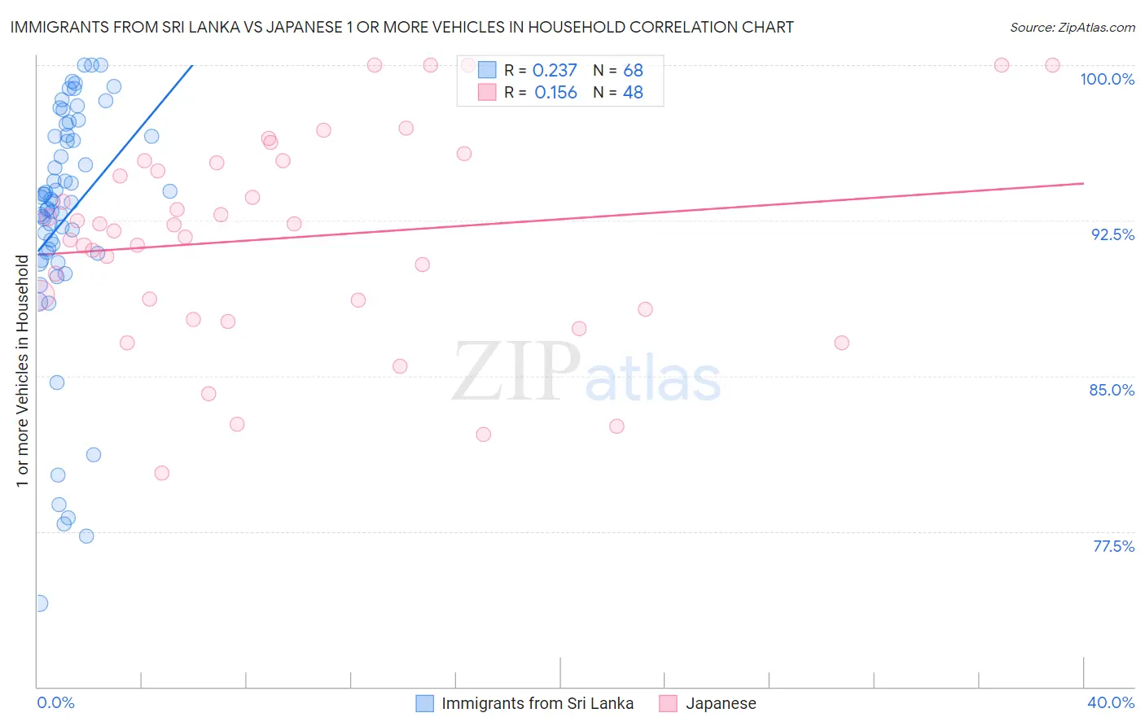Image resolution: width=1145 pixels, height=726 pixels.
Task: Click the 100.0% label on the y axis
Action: [x=1107, y=79]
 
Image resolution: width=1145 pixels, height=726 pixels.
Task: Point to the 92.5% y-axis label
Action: [x=1112, y=234]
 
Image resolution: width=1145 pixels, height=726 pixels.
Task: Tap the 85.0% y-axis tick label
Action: [x=1112, y=390]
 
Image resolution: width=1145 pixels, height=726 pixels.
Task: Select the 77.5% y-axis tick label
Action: [x=1113, y=546]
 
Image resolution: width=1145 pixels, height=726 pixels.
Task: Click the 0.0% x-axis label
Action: [x=55, y=702]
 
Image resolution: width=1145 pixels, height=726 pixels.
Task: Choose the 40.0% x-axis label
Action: [x=1110, y=702]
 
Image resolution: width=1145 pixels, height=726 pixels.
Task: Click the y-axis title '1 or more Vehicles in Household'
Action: [x=22, y=371]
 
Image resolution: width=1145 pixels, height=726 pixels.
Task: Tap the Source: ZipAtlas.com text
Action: [x=1072, y=27]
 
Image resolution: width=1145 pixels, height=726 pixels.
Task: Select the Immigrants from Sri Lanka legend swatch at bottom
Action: [x=424, y=703]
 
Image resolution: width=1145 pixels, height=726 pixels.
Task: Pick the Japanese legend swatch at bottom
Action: [x=669, y=703]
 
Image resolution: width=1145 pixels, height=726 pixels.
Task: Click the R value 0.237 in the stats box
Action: [x=555, y=71]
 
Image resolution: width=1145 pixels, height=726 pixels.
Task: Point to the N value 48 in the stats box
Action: [x=633, y=93]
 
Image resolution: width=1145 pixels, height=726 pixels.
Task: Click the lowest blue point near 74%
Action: [x=39, y=603]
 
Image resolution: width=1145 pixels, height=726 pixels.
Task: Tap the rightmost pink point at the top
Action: [x=1052, y=65]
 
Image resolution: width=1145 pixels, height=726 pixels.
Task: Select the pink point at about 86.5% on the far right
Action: [x=841, y=343]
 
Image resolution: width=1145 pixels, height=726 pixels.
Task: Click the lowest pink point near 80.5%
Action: [x=161, y=473]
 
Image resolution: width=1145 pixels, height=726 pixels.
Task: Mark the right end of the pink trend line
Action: [x=1083, y=183]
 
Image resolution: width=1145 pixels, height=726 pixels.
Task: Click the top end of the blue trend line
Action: [x=192, y=65]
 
